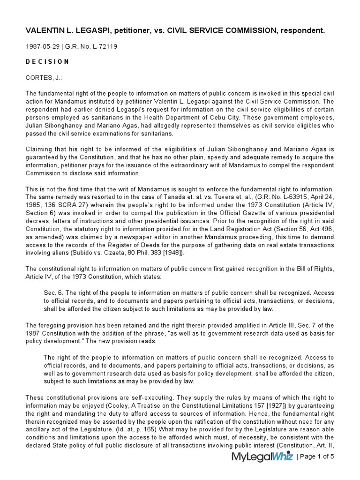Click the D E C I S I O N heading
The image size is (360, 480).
pos(47,62)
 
